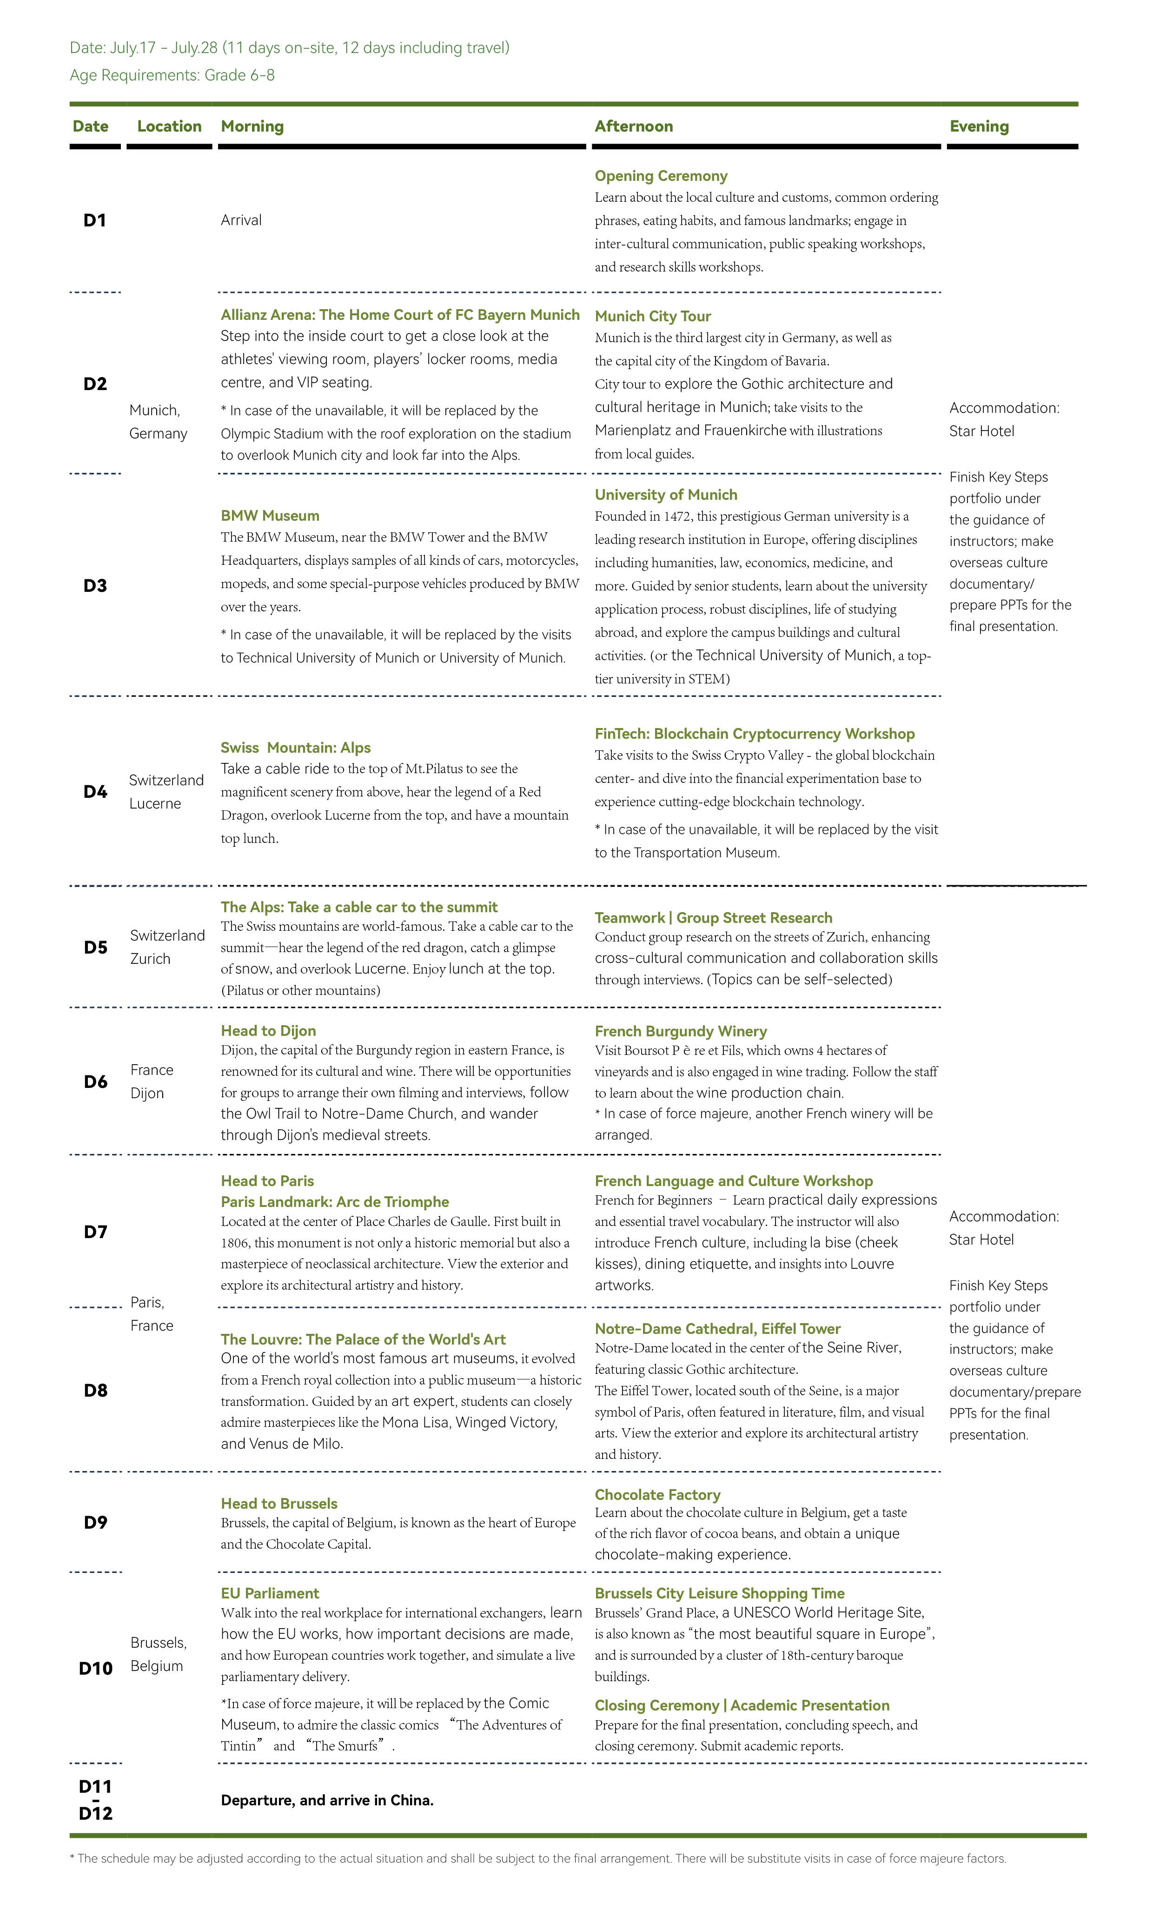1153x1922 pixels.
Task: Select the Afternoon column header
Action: (633, 126)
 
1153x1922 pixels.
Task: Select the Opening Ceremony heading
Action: (660, 176)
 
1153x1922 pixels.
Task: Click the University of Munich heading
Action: (666, 494)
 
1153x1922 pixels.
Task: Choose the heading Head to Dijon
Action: (268, 1030)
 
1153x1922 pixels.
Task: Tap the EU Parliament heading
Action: (270, 1593)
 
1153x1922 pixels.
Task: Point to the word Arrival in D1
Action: (241, 220)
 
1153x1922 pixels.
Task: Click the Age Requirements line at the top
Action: (172, 75)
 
